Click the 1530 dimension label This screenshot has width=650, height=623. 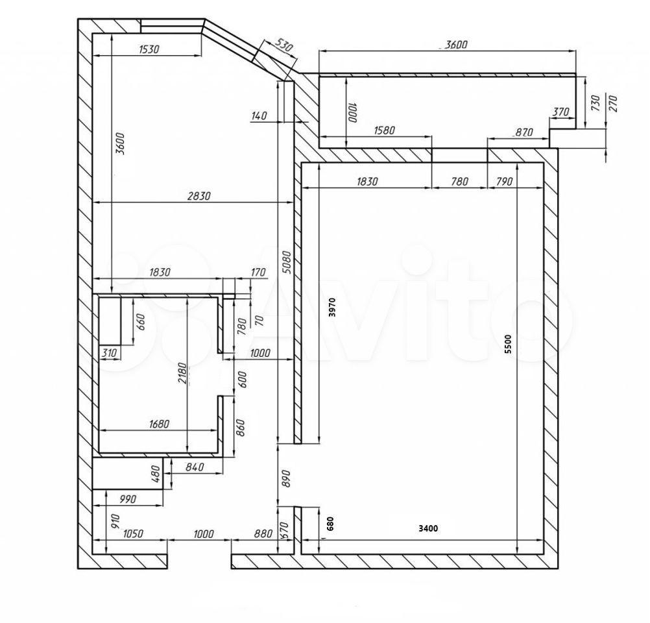149,49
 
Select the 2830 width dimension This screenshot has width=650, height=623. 199,195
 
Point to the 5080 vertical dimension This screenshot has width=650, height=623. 285,262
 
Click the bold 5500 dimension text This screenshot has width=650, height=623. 508,344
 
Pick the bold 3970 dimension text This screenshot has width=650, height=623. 331,308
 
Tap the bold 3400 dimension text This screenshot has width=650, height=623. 428,528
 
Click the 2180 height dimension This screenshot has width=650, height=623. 183,373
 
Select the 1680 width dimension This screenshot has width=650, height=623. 159,424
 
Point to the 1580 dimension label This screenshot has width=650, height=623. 384,130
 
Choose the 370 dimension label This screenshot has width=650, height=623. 561,112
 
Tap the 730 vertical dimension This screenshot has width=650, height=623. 596,103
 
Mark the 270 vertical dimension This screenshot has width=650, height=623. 612,103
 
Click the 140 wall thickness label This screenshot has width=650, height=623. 259,116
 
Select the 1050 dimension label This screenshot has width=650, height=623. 133,533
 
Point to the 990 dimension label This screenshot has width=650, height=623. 128,499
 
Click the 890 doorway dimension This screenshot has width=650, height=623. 285,478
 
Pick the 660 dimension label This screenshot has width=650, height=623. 141,322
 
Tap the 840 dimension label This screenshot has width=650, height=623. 195,467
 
